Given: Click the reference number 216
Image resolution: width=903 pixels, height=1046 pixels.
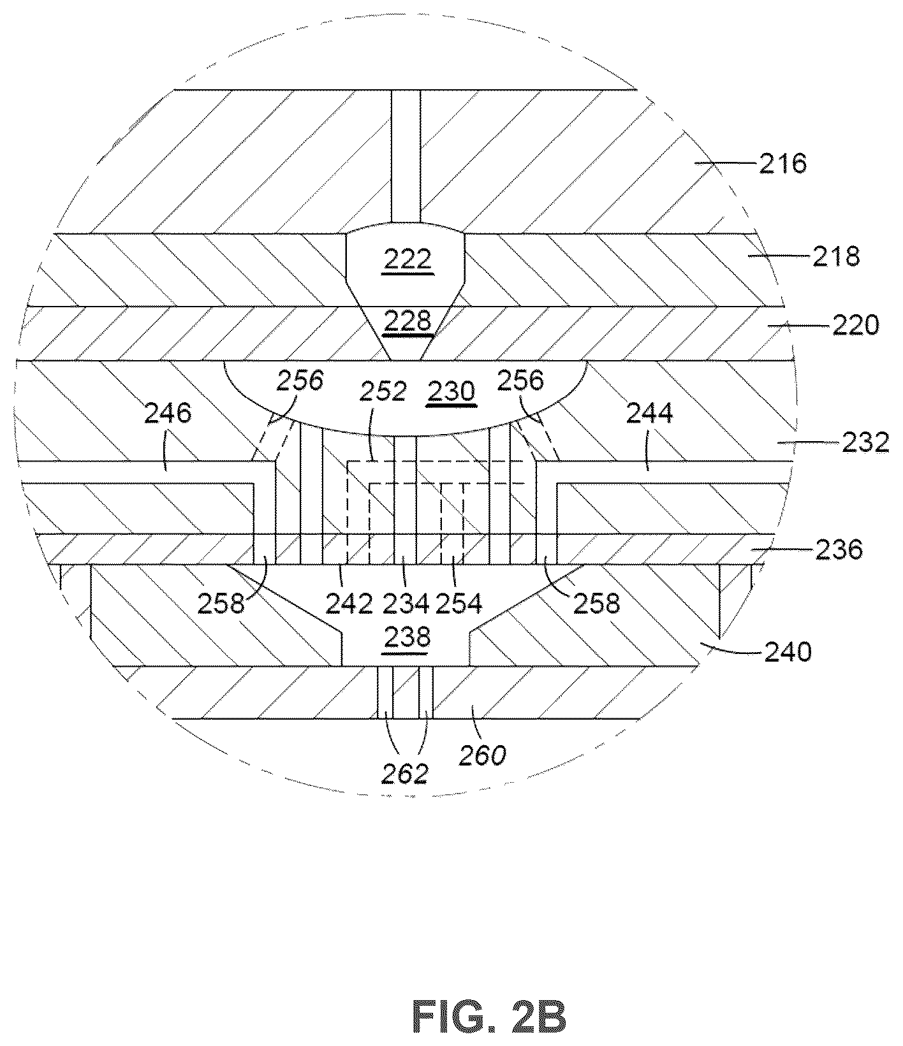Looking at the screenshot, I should point(783,164).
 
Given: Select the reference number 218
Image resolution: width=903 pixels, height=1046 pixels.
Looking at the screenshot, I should point(835,256).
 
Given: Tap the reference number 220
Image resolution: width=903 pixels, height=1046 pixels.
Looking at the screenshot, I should point(855,326).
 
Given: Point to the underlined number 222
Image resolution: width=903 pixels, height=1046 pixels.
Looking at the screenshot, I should point(407,260).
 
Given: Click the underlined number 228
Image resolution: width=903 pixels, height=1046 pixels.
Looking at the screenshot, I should point(407,321).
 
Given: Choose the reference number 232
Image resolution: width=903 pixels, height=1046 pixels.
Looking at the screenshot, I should point(865,442).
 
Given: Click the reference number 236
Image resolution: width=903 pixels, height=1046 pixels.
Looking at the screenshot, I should point(839,549).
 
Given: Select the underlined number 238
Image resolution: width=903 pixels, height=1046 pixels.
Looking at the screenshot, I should point(407,637).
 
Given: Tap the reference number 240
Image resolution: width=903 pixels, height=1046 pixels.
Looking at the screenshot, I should point(788,651).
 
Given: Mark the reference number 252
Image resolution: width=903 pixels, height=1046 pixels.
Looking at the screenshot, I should point(383,391).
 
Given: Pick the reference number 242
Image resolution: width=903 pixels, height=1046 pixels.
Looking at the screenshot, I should point(349,603).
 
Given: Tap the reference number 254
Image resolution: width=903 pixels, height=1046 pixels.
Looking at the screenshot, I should point(459,603).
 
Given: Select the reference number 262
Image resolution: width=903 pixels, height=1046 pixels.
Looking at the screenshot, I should point(404,773).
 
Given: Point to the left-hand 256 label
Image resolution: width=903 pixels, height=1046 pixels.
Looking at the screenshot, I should point(300,381).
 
